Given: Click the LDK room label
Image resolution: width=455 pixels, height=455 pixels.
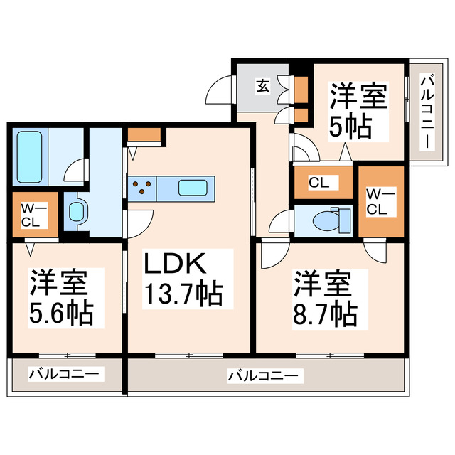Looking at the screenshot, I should click(176, 264).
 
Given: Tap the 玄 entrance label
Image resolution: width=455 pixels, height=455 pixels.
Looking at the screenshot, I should click(262, 87).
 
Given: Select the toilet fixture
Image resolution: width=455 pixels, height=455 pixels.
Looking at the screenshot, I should click(331, 220).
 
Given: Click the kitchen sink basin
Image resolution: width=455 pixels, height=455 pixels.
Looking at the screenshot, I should click(193, 188).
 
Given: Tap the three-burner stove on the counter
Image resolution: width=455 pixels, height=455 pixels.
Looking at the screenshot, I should click(142, 188).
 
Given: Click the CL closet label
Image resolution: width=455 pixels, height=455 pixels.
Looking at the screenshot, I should click(318, 183).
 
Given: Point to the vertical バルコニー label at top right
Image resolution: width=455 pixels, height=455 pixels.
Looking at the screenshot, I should click(427, 112).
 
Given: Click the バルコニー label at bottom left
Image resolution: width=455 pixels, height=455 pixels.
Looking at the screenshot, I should click(67, 373).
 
